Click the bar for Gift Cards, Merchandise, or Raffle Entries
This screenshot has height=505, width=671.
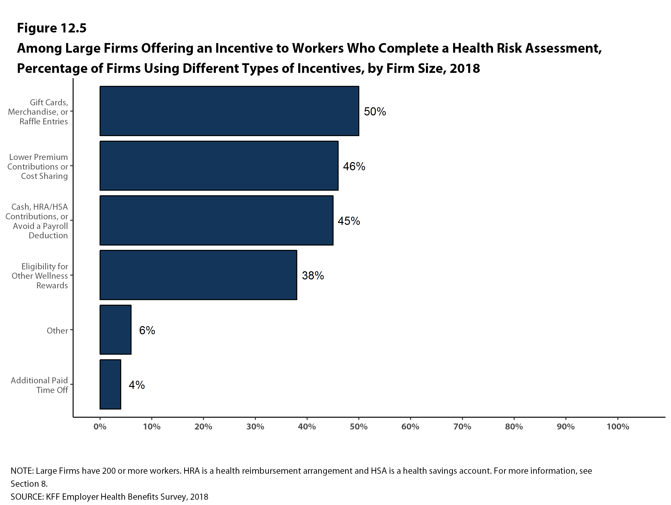point(229,111)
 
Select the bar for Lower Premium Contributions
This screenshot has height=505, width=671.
point(219,166)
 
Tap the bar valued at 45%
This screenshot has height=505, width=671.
point(216,220)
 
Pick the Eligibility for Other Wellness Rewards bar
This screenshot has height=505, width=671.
point(198,275)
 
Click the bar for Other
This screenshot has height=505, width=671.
point(115,329)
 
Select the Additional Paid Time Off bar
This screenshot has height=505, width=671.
point(110,384)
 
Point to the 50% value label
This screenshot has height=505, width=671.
point(375,112)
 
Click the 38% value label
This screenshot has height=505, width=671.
point(313,275)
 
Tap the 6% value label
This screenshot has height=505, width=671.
point(147,330)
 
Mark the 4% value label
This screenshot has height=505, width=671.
point(137,385)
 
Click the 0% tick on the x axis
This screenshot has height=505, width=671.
point(100,427)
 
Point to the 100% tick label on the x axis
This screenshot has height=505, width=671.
point(618,427)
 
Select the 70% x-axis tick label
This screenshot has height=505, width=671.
point(462,427)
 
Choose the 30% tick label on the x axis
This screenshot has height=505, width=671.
point(255,427)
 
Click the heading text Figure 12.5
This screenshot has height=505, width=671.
point(51,28)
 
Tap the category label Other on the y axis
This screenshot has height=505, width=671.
point(57,330)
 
